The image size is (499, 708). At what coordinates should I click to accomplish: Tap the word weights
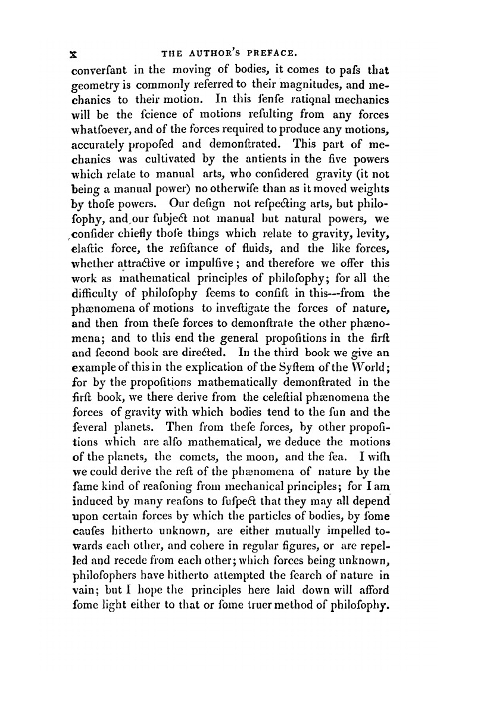click(367, 190)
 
